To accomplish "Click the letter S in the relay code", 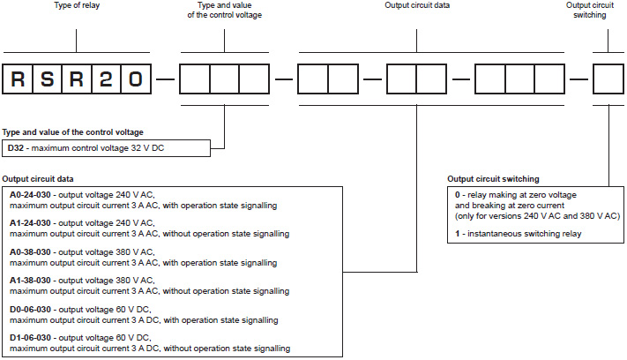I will [x=48, y=79].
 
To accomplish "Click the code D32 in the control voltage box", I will [x=17, y=147].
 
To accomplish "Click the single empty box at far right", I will [x=608, y=79].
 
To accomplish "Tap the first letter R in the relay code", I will [x=19, y=79].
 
